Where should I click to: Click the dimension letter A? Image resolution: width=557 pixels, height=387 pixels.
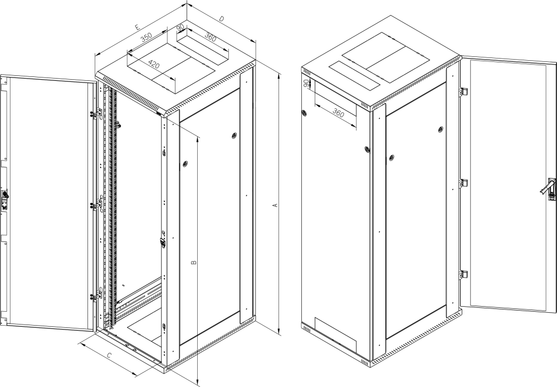(274, 205)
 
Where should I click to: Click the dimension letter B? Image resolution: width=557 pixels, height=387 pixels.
(194, 263)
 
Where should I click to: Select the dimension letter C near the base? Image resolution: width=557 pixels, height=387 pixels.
(110, 355)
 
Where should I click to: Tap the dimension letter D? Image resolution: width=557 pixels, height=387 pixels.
(221, 18)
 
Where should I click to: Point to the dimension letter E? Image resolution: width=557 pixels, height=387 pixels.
(138, 27)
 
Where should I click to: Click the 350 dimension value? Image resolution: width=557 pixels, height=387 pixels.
(146, 37)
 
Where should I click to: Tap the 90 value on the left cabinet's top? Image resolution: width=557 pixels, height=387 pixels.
(180, 27)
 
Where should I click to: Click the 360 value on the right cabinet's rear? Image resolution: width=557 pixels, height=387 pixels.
(339, 113)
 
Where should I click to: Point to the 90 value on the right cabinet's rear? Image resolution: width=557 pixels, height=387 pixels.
(306, 84)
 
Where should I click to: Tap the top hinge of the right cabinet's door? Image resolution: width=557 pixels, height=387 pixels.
(463, 91)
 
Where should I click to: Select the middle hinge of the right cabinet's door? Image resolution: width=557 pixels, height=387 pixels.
(463, 183)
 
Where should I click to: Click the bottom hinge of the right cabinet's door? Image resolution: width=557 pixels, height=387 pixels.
(463, 275)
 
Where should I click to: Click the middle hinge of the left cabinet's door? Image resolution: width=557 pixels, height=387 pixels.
(97, 205)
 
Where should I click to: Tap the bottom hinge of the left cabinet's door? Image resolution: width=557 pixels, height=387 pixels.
(96, 295)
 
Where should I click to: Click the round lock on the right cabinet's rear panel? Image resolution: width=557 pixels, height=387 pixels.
(304, 114)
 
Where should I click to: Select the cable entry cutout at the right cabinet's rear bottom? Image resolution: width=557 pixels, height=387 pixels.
(335, 335)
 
